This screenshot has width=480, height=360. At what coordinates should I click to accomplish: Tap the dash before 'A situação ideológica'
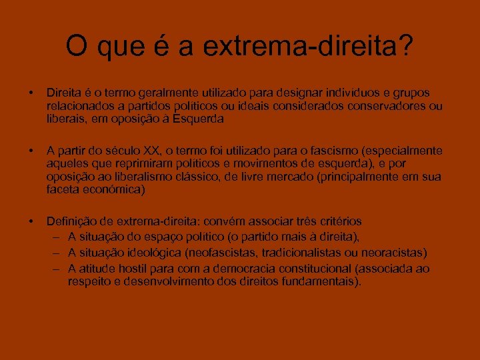click(x=57, y=253)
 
